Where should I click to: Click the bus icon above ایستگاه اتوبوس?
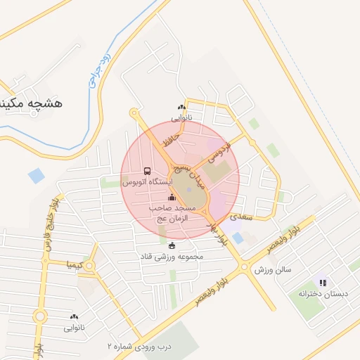147,171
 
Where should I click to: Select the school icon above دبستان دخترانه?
323,283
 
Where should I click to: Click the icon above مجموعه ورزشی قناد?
172,245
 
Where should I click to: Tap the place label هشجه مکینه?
31,104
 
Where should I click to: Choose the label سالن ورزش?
273,270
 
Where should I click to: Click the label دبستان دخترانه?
323,293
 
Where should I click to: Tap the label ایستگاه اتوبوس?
147,182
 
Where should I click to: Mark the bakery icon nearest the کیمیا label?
74,317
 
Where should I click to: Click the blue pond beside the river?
36,175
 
